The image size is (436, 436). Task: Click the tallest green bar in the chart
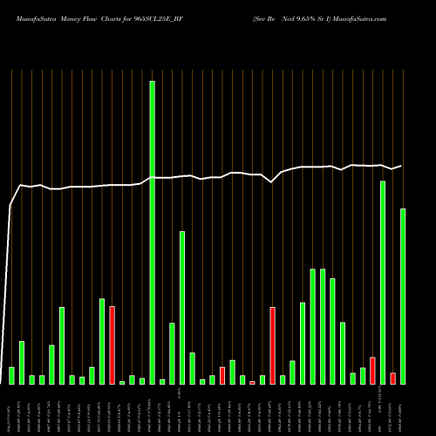[152, 232]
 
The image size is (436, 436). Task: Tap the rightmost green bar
[402, 296]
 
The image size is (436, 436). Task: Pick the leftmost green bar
[11, 375]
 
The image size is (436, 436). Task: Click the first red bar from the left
[112, 344]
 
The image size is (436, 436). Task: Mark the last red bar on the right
[392, 378]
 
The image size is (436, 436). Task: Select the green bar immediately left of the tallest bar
[142, 381]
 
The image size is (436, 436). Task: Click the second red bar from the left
[222, 375]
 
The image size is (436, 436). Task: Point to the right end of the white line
[401, 166]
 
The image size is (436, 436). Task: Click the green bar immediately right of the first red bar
[122, 382]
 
